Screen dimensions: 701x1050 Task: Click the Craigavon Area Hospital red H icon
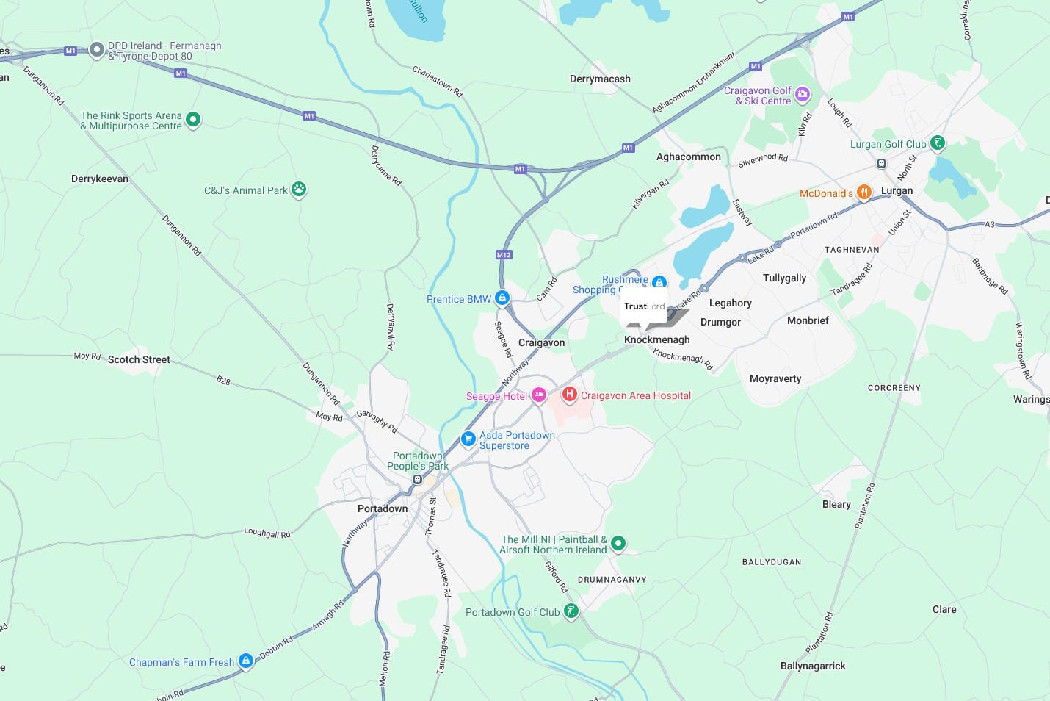pos(569,395)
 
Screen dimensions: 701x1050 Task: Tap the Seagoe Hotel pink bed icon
pos(539,396)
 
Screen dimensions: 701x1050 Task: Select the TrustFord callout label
pos(644,306)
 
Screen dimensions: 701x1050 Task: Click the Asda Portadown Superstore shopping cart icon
pos(468,439)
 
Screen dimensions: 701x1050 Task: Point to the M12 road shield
pos(503,255)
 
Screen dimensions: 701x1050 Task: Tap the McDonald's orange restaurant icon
pos(864,193)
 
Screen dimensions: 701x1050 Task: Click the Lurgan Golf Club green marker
pos(938,143)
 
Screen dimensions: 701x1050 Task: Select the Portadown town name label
pos(382,508)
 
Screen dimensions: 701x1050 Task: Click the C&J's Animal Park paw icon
pos(299,190)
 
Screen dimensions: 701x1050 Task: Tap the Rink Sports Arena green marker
pos(193,119)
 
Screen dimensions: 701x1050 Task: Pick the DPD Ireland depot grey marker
pos(97,50)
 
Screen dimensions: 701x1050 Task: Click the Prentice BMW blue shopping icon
pos(502,298)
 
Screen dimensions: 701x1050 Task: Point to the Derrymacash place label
pos(600,79)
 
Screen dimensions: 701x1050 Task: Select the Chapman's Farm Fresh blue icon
pos(246,661)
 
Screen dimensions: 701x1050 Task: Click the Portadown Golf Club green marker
pos(571,611)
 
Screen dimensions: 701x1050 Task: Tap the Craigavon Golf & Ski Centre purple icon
pos(803,94)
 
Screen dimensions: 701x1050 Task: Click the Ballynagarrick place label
pos(813,666)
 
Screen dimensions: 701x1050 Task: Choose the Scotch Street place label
pos(139,359)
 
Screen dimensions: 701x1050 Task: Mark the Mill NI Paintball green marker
pos(618,543)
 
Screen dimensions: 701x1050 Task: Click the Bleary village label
pos(836,504)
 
